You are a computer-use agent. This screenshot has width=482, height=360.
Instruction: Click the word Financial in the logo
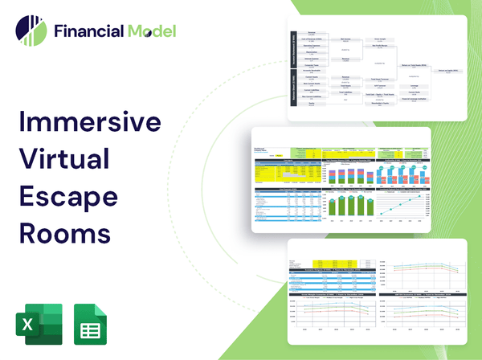tap(88, 32)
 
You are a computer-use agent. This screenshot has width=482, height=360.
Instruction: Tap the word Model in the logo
tap(150, 32)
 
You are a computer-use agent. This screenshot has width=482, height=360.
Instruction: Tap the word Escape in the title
tap(67, 198)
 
